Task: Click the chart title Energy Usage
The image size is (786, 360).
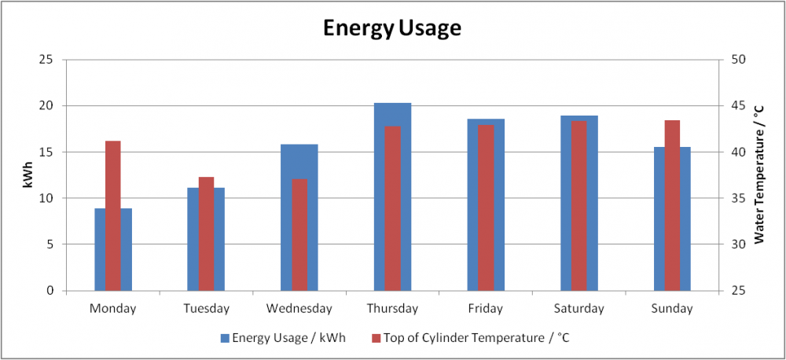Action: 392,29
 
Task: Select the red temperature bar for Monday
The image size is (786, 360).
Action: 112,215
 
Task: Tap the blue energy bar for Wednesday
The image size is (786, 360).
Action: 299,218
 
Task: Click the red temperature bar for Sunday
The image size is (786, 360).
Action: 672,206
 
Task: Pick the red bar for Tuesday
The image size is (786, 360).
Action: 206,233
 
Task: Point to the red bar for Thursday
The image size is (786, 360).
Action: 392,208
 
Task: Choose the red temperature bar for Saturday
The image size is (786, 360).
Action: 579,206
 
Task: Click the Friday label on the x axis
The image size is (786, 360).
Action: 486,308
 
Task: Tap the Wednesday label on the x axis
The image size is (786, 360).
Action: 299,308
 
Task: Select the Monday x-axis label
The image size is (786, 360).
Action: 112,308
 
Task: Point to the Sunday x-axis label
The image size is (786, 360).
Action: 672,308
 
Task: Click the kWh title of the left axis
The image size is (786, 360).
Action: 28,175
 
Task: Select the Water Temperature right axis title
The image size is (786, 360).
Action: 760,175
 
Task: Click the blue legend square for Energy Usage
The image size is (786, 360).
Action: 225,339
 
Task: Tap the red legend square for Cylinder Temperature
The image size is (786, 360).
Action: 376,339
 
